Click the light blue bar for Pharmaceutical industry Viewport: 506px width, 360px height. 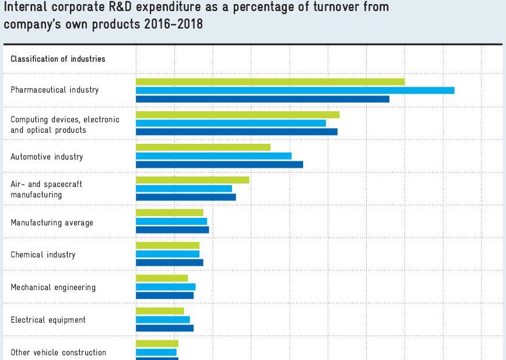[x=295, y=90]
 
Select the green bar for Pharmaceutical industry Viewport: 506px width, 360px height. [x=270, y=82]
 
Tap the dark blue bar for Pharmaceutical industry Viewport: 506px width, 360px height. [x=262, y=99]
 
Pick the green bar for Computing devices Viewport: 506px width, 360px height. [x=237, y=115]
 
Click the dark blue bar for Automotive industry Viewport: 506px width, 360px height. [x=219, y=165]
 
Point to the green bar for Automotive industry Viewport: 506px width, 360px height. [x=203, y=147]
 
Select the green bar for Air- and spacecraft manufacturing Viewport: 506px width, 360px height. [x=192, y=179]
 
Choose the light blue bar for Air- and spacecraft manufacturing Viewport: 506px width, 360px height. [x=184, y=188]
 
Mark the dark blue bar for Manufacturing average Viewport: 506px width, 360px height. [x=172, y=230]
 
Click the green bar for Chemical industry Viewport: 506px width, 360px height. [x=167, y=245]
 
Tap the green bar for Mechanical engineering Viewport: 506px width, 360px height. [x=161, y=278]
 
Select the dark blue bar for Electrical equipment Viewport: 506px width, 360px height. [x=164, y=328]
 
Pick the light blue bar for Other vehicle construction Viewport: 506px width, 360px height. [x=156, y=352]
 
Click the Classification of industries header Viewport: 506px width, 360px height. [x=58, y=59]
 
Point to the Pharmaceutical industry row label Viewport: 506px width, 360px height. [x=55, y=90]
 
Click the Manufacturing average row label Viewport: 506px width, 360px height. [x=52, y=223]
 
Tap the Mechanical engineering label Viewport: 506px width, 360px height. [x=53, y=287]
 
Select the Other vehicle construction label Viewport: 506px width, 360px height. [x=58, y=352]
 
